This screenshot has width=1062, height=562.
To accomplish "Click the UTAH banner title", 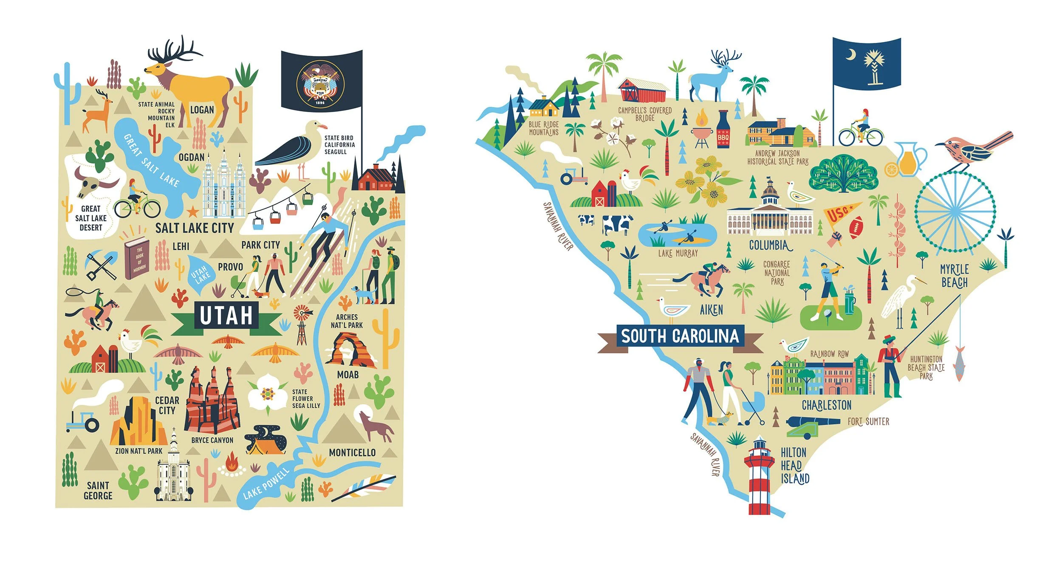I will (226, 315).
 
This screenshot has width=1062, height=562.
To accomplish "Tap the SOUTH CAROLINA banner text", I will (680, 336).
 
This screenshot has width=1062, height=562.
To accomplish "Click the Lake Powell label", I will (266, 484).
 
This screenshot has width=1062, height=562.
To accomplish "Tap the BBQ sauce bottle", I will (723, 130).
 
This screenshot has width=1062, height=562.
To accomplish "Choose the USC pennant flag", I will (839, 212).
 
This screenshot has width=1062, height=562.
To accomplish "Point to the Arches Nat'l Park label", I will (347, 321).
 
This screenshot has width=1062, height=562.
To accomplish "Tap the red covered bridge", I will (641, 91).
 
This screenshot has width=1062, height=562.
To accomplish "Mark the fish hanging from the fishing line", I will (959, 364).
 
